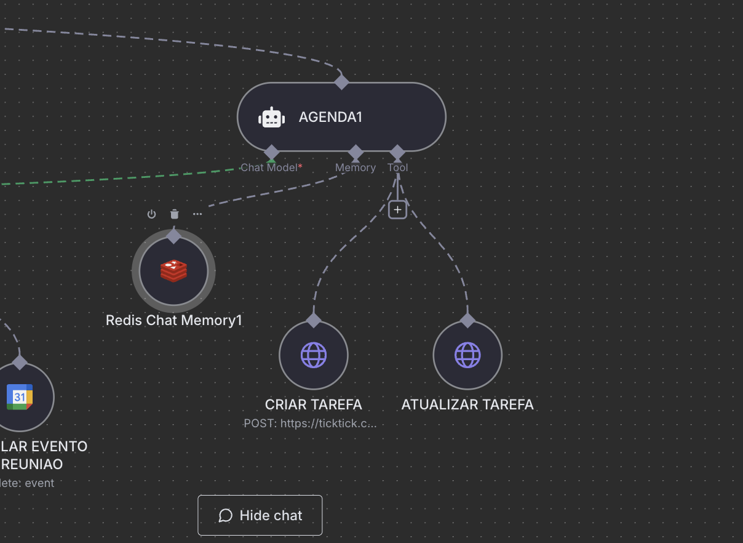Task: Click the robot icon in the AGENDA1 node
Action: [x=271, y=117]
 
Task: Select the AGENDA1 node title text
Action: [x=330, y=117]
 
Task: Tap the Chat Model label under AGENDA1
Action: [x=269, y=167]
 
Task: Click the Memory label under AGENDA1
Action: [x=356, y=167]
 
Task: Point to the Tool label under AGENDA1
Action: [x=397, y=167]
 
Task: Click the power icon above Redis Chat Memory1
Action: [x=151, y=214]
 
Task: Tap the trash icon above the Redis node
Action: [x=175, y=214]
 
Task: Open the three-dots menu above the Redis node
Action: [x=197, y=214]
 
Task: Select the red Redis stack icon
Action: [x=174, y=271]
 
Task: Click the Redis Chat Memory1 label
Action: [x=174, y=320]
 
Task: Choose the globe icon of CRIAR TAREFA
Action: [x=314, y=355]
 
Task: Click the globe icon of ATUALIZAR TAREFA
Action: [x=467, y=355]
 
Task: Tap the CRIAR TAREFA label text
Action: [x=314, y=404]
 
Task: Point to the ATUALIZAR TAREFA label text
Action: [x=467, y=404]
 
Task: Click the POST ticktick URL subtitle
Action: [x=311, y=424]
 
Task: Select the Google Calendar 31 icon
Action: [x=20, y=397]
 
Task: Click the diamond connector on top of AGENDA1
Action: [x=341, y=81]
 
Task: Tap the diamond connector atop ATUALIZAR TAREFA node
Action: [x=467, y=320]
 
